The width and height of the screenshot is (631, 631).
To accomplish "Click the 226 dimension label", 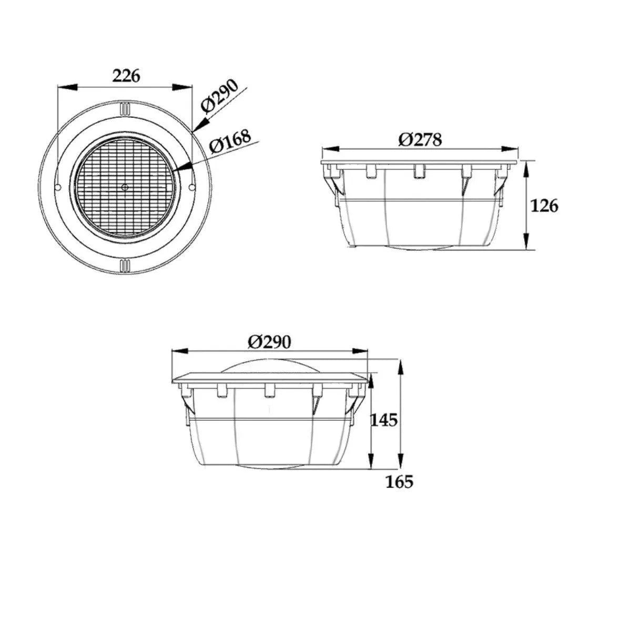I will (127, 76).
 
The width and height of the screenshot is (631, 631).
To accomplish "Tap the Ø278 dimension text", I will (420, 139).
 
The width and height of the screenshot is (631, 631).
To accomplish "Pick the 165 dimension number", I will (399, 482).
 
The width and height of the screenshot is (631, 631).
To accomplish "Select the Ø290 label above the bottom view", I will (269, 342).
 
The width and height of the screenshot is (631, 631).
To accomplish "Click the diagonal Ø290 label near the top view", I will (220, 96).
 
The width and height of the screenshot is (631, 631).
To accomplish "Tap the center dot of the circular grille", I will (125, 187).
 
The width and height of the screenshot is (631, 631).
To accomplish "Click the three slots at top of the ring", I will (125, 108).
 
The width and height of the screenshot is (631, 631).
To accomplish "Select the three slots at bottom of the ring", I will (125, 265).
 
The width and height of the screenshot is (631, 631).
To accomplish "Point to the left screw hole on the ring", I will (58, 188).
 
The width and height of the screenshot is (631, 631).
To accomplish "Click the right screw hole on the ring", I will (192, 187).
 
